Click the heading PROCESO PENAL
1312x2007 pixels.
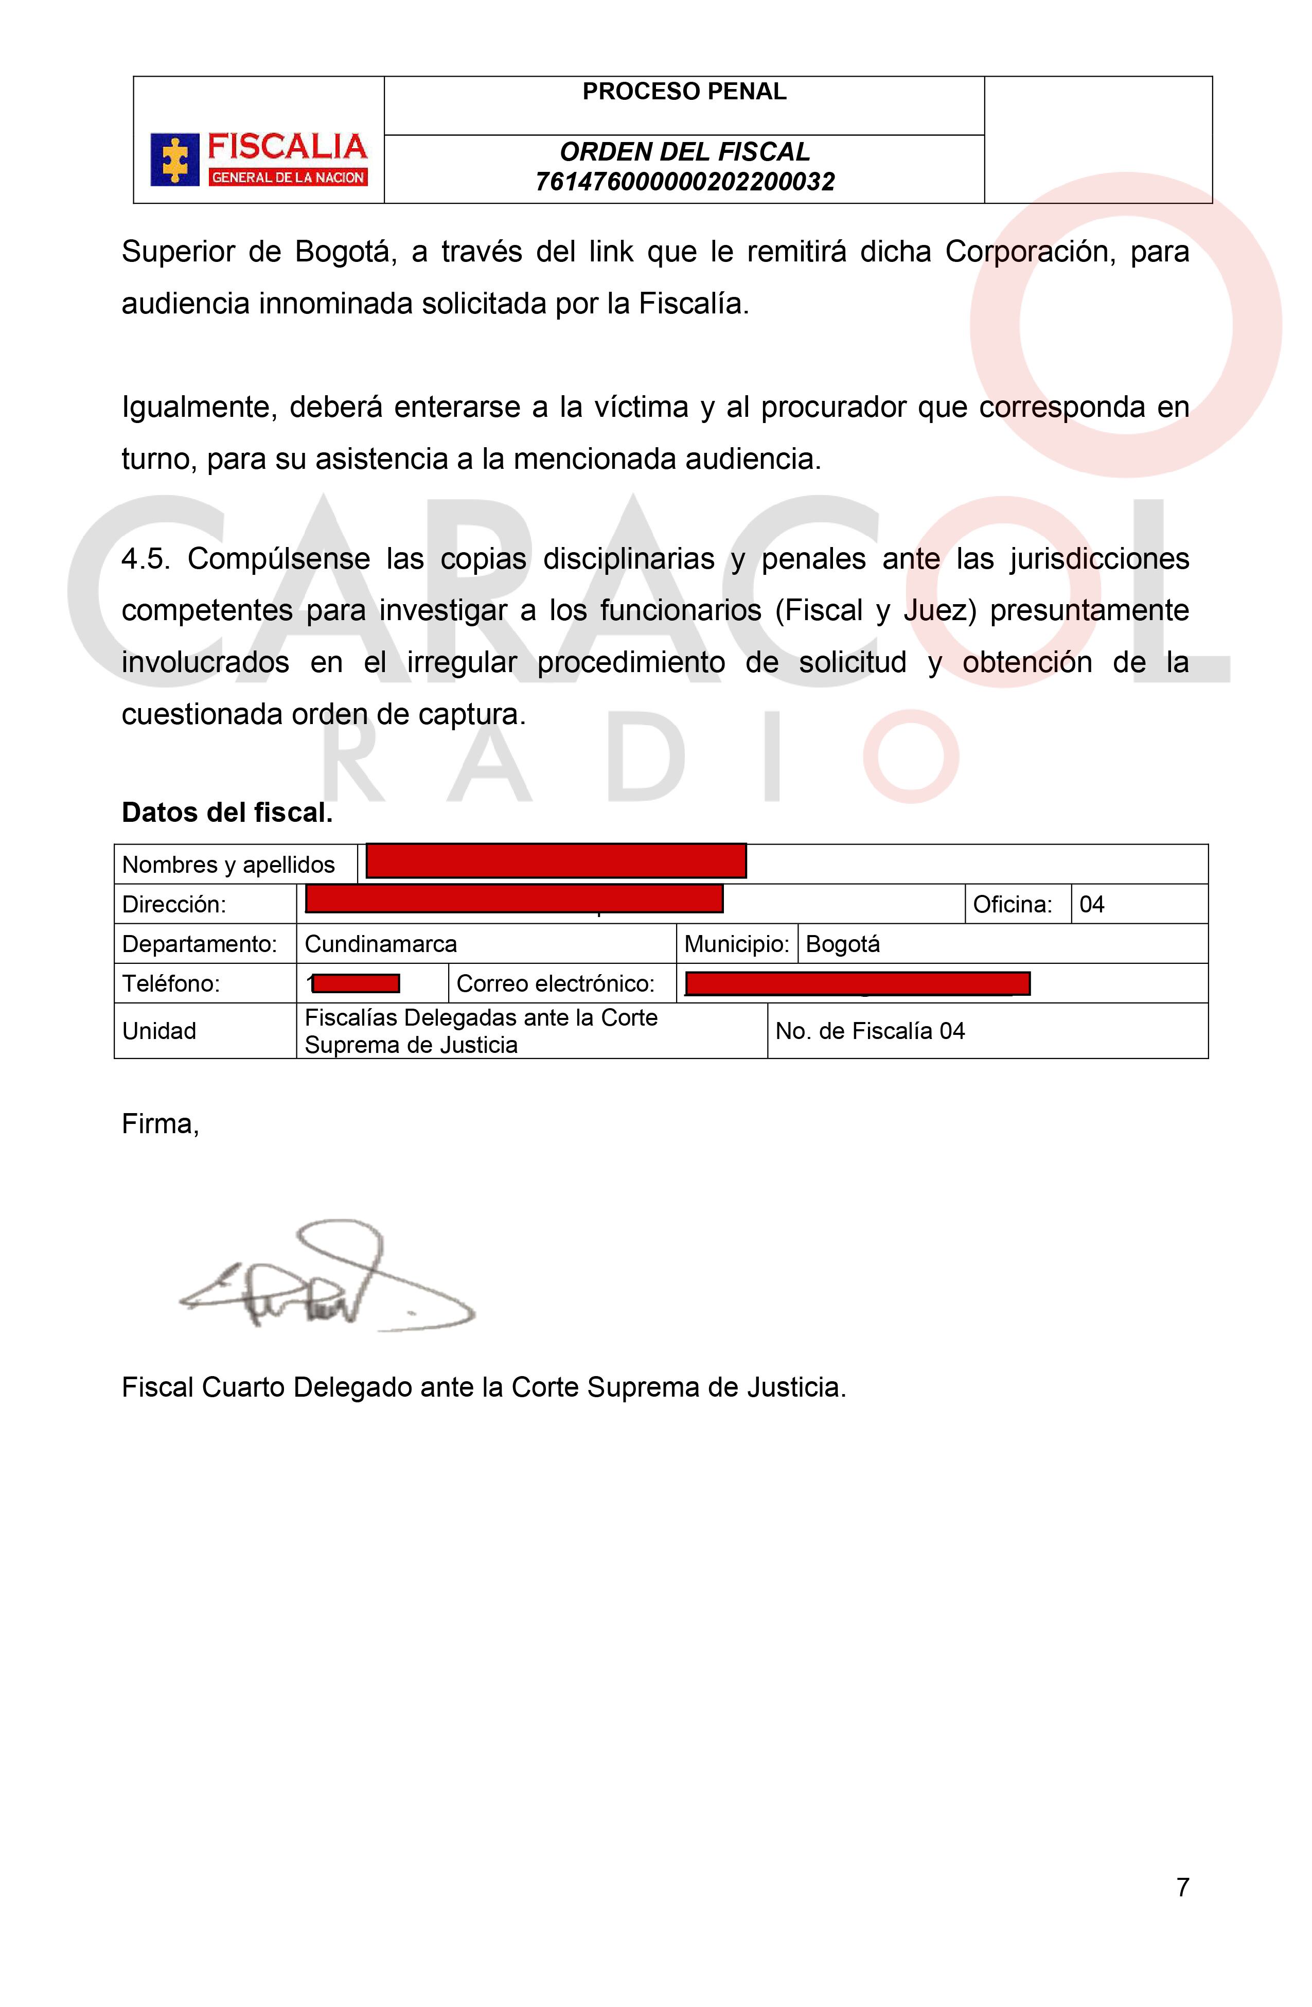coord(684,92)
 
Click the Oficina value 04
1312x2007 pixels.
coord(1091,905)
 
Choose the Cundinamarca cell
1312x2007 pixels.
coord(380,944)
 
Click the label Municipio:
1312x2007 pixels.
coord(736,944)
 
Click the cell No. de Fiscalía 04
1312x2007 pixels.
coord(870,1031)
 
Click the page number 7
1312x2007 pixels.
coord(1182,1887)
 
